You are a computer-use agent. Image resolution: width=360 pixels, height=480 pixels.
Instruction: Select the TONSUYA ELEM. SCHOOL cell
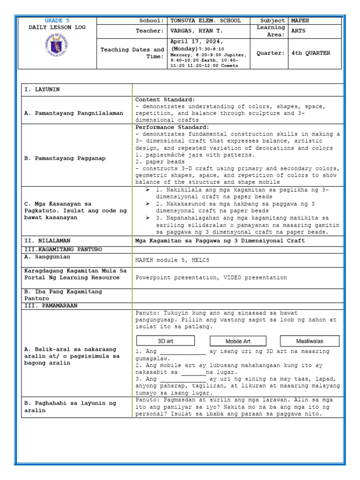tap(206, 21)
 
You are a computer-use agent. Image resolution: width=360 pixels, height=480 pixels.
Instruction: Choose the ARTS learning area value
tap(298, 31)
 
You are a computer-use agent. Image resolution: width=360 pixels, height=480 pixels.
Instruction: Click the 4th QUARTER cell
tap(310, 53)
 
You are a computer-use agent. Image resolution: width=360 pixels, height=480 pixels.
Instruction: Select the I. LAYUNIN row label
tap(42, 90)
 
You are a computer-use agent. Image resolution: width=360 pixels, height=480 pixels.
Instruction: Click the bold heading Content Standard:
tap(165, 100)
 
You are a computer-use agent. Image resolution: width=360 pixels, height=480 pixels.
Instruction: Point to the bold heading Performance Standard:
tap(172, 127)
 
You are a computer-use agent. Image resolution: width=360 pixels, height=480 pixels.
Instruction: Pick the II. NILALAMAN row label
tap(45, 240)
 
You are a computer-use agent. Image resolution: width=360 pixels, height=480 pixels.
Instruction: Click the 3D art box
tap(165, 341)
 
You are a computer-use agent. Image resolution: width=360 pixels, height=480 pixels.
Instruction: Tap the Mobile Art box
tap(238, 341)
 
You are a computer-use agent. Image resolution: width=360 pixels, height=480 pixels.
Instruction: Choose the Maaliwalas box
tap(309, 341)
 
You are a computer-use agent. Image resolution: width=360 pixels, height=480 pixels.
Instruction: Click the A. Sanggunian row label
tap(47, 257)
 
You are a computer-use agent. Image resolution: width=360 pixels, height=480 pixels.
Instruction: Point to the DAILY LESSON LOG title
tap(57, 28)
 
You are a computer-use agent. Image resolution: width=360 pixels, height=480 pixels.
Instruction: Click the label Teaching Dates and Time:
tap(133, 53)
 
